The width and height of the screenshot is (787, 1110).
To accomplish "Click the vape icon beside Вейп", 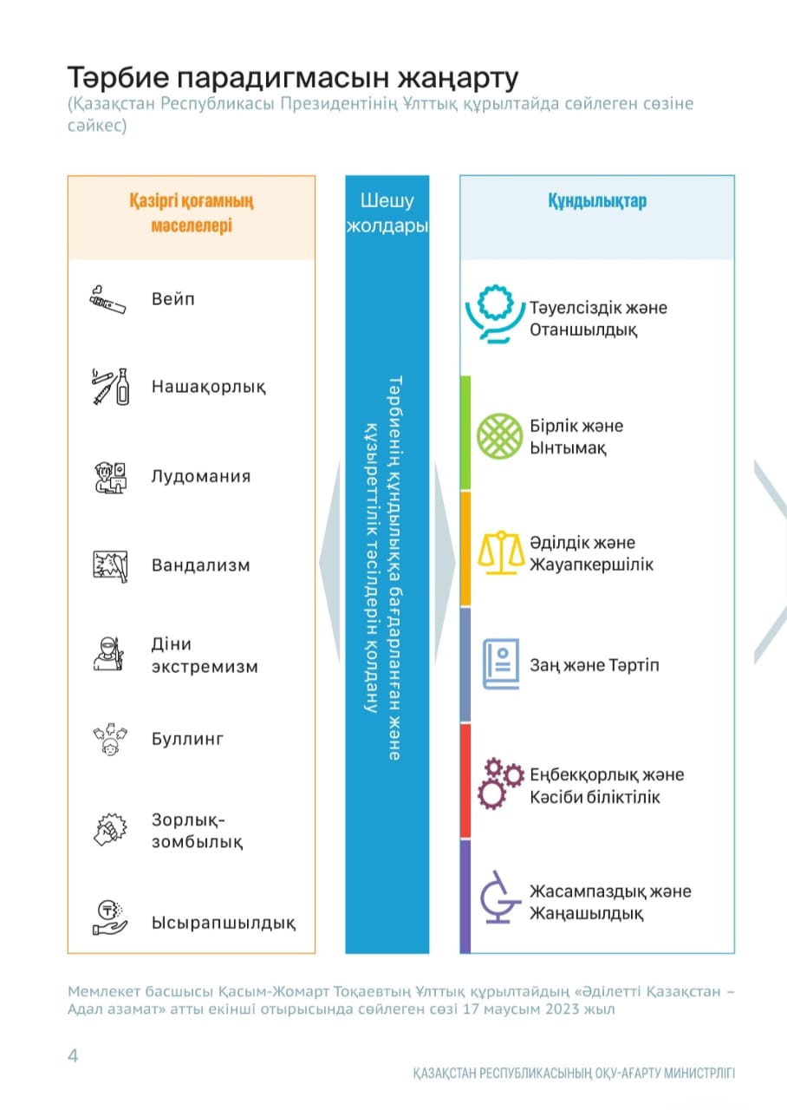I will (x=107, y=300).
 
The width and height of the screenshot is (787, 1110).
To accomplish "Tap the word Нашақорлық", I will (x=208, y=387).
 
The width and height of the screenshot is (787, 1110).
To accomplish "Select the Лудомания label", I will (x=201, y=476).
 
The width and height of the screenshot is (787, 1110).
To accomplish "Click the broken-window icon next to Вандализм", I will (x=110, y=565).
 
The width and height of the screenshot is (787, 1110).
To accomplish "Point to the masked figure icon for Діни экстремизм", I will (x=108, y=654).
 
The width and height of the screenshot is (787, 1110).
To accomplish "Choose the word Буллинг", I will (x=188, y=740).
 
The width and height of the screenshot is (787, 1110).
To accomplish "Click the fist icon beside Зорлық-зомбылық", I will (x=109, y=830).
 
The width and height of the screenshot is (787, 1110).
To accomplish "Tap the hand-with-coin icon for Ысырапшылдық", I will (x=110, y=918).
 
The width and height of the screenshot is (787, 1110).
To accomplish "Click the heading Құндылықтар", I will (x=596, y=200).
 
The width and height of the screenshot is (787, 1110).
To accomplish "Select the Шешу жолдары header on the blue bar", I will (x=387, y=213).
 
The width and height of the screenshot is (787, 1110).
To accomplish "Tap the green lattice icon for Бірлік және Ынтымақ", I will (x=500, y=436).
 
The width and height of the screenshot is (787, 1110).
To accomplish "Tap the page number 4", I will (x=73, y=1055).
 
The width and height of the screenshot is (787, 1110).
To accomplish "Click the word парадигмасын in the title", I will (x=270, y=77).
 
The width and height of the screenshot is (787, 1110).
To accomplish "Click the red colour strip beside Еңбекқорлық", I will (x=465, y=780).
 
